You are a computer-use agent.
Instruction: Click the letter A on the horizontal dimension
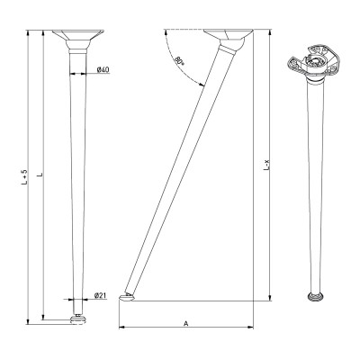[x=184, y=322]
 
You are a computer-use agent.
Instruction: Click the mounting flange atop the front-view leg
[x=79, y=41]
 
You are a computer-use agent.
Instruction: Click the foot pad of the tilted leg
[x=133, y=296]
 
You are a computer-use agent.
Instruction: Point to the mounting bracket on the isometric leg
[x=314, y=61]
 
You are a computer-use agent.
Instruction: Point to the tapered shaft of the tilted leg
[x=180, y=171]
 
